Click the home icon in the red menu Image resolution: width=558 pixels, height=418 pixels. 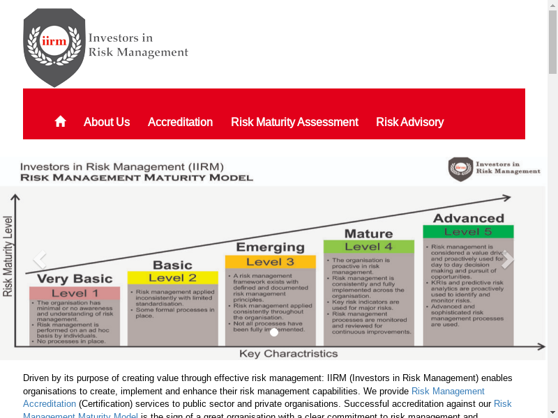pyautogui.click(x=61, y=121)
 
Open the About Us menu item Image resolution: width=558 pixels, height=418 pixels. pyautogui.click(x=107, y=122)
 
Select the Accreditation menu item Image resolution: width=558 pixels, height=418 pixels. pyautogui.click(x=180, y=122)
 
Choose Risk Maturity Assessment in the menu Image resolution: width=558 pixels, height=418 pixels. pyautogui.click(x=294, y=122)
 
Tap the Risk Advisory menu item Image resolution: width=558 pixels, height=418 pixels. pyautogui.click(x=409, y=122)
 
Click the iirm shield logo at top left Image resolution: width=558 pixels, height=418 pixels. pyautogui.click(x=54, y=47)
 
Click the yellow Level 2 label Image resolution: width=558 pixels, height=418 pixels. pyautogui.click(x=172, y=278)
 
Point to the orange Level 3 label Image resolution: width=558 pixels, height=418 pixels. pyautogui.click(x=270, y=262)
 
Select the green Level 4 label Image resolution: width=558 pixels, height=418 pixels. pyautogui.click(x=368, y=247)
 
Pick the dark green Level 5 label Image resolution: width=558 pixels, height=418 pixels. pyautogui.click(x=468, y=231)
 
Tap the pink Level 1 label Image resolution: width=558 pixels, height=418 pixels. pyautogui.click(x=75, y=293)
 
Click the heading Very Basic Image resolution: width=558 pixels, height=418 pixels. pyautogui.click(x=75, y=279)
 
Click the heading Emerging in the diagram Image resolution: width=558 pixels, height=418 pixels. pyautogui.click(x=270, y=247)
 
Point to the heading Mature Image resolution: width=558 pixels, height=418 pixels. pyautogui.click(x=368, y=233)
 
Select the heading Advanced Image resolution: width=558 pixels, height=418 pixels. pyautogui.click(x=468, y=218)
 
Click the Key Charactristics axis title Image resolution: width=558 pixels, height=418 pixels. pyautogui.click(x=288, y=353)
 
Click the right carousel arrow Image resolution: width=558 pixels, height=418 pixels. pyautogui.click(x=508, y=260)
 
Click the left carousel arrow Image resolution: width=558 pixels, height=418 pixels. pyautogui.click(x=40, y=260)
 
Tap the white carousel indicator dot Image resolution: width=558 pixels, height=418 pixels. pyautogui.click(x=274, y=332)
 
